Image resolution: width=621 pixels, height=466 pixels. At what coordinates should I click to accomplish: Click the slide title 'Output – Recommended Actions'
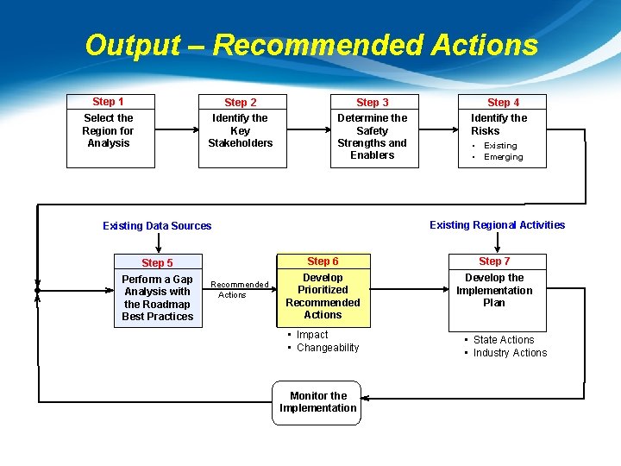tap(310, 45)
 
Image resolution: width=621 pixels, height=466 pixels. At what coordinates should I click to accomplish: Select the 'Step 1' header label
tap(109, 102)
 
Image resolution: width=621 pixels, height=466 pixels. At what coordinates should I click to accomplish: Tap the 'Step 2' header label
tap(240, 103)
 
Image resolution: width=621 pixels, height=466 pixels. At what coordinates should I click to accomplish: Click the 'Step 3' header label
tap(373, 103)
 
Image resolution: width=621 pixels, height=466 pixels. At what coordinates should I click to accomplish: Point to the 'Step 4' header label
tap(503, 103)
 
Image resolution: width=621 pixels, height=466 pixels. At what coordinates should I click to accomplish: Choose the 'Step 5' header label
tap(157, 263)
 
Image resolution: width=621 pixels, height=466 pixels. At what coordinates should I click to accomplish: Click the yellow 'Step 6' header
tap(323, 261)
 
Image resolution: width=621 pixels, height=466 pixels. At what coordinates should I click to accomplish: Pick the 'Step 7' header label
tap(494, 261)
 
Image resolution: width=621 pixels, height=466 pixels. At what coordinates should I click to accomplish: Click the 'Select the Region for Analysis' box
tap(109, 131)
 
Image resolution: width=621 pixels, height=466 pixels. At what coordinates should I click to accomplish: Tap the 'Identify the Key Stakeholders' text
tap(240, 131)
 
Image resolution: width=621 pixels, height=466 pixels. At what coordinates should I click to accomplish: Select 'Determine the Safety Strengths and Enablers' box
tap(373, 137)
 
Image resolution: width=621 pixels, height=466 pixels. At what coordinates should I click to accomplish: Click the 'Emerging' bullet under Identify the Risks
tap(503, 157)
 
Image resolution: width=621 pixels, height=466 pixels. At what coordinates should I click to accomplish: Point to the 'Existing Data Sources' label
tap(157, 226)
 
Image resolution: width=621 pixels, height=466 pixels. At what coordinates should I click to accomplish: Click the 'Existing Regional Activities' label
tap(497, 225)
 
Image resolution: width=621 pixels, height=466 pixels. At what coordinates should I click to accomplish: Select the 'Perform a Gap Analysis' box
tap(157, 298)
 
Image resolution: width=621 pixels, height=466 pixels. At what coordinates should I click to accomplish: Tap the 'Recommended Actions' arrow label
tap(240, 289)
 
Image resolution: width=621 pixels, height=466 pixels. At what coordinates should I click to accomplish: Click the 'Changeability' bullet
tap(327, 348)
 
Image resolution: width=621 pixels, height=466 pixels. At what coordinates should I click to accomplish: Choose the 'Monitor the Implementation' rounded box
tap(317, 402)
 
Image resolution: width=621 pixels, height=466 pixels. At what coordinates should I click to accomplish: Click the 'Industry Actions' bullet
tap(510, 353)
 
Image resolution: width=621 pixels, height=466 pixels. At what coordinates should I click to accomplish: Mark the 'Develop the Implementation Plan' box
tap(494, 291)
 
